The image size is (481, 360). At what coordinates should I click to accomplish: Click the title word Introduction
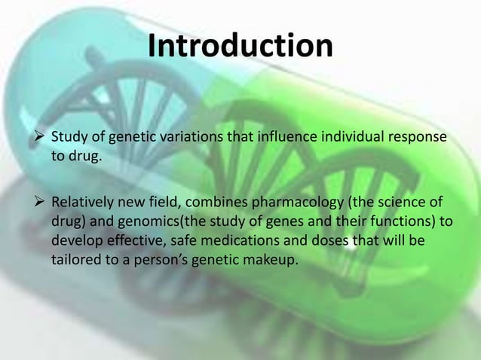240,46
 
